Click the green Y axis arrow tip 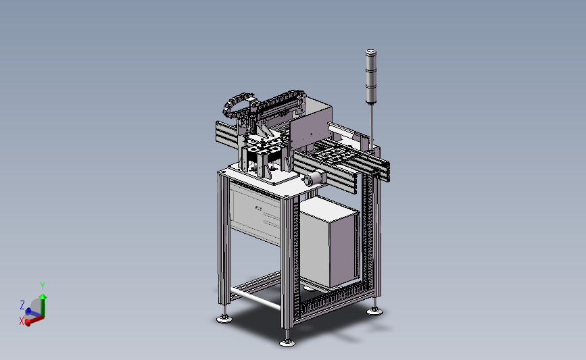(43, 296)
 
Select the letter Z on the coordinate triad (22, 305)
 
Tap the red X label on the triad (22, 321)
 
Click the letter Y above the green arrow (43, 286)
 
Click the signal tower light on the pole (371, 76)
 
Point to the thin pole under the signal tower (372, 126)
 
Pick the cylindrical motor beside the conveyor (313, 178)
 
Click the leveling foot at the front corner (287, 341)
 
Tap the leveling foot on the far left (224, 318)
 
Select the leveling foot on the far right (374, 310)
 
